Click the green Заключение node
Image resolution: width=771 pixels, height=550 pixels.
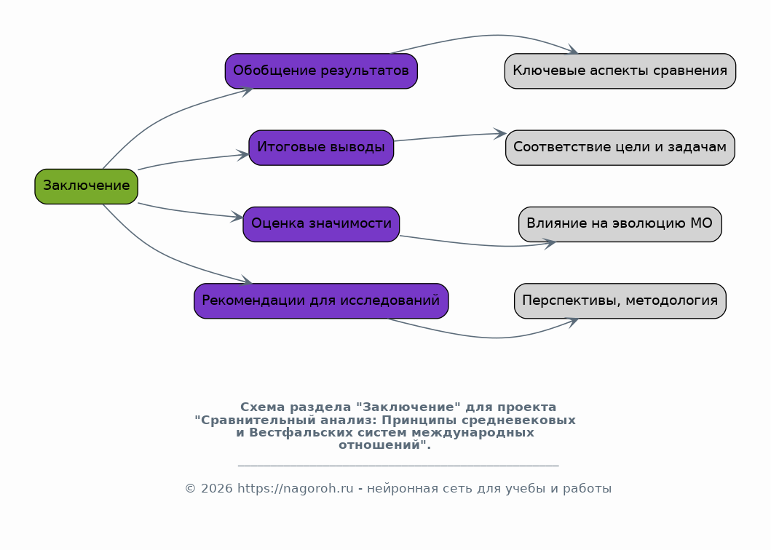pyautogui.click(x=86, y=186)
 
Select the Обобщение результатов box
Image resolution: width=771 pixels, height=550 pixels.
pyautogui.click(x=321, y=71)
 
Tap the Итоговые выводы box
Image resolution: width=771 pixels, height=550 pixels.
pyautogui.click(x=321, y=148)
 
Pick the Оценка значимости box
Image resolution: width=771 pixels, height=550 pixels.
pyautogui.click(x=321, y=225)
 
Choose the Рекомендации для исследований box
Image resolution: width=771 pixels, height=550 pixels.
pyautogui.click(x=321, y=300)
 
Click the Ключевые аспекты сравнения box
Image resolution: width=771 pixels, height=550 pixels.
pyautogui.click(x=620, y=71)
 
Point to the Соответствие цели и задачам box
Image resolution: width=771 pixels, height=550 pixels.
pyautogui.click(x=620, y=148)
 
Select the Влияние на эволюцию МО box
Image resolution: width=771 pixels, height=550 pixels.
pyautogui.click(x=620, y=225)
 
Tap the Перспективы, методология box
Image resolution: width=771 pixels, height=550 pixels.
pyautogui.click(x=620, y=300)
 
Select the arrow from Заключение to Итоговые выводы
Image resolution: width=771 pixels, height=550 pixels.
pyautogui.click(x=191, y=160)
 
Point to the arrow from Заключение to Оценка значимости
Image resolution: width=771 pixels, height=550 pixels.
pyautogui.click(x=189, y=212)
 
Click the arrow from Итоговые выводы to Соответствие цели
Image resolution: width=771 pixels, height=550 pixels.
pyautogui.click(x=450, y=136)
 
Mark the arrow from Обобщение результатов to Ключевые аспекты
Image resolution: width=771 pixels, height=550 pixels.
pyautogui.click(x=491, y=36)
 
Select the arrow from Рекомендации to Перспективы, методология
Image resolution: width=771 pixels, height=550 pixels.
pyautogui.click(x=491, y=338)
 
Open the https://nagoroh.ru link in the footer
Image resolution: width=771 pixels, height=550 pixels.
pyautogui.click(x=296, y=489)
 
